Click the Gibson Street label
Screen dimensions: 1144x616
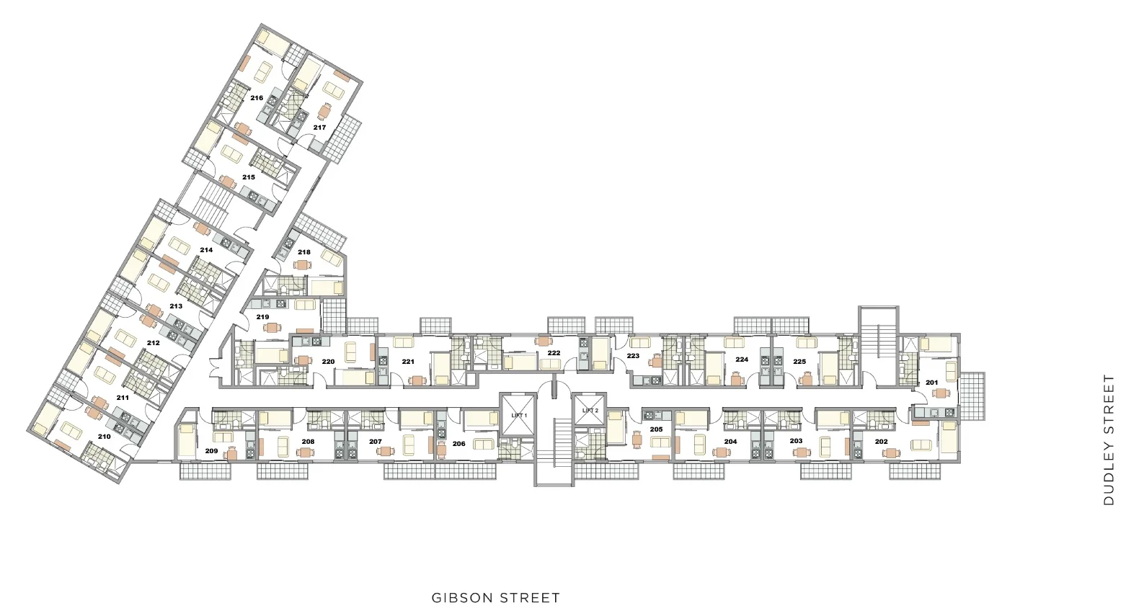pyautogui.click(x=495, y=597)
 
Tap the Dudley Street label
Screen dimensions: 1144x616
pyautogui.click(x=1109, y=440)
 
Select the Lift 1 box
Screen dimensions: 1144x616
pyautogui.click(x=518, y=414)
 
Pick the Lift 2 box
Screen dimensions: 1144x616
pyautogui.click(x=590, y=410)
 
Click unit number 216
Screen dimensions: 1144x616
pyautogui.click(x=257, y=97)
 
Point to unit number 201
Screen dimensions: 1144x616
pyautogui.click(x=931, y=383)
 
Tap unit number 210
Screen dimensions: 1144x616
pyautogui.click(x=105, y=437)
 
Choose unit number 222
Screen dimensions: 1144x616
pyautogui.click(x=554, y=352)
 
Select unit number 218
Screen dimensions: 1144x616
pyautogui.click(x=304, y=251)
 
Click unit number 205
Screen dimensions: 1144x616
pyautogui.click(x=656, y=429)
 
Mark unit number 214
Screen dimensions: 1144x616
pyautogui.click(x=206, y=249)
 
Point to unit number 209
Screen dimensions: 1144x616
pyautogui.click(x=211, y=450)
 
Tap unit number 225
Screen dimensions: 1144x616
pyautogui.click(x=799, y=362)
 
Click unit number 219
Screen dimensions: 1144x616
pyautogui.click(x=262, y=317)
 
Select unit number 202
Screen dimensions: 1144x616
pyautogui.click(x=881, y=442)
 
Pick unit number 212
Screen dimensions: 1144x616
pyautogui.click(x=154, y=342)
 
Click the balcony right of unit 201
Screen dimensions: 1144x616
pyautogui.click(x=972, y=396)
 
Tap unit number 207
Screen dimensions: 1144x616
pyautogui.click(x=376, y=442)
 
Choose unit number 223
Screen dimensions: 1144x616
pyautogui.click(x=633, y=356)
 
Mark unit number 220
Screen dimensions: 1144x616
pyautogui.click(x=328, y=362)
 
